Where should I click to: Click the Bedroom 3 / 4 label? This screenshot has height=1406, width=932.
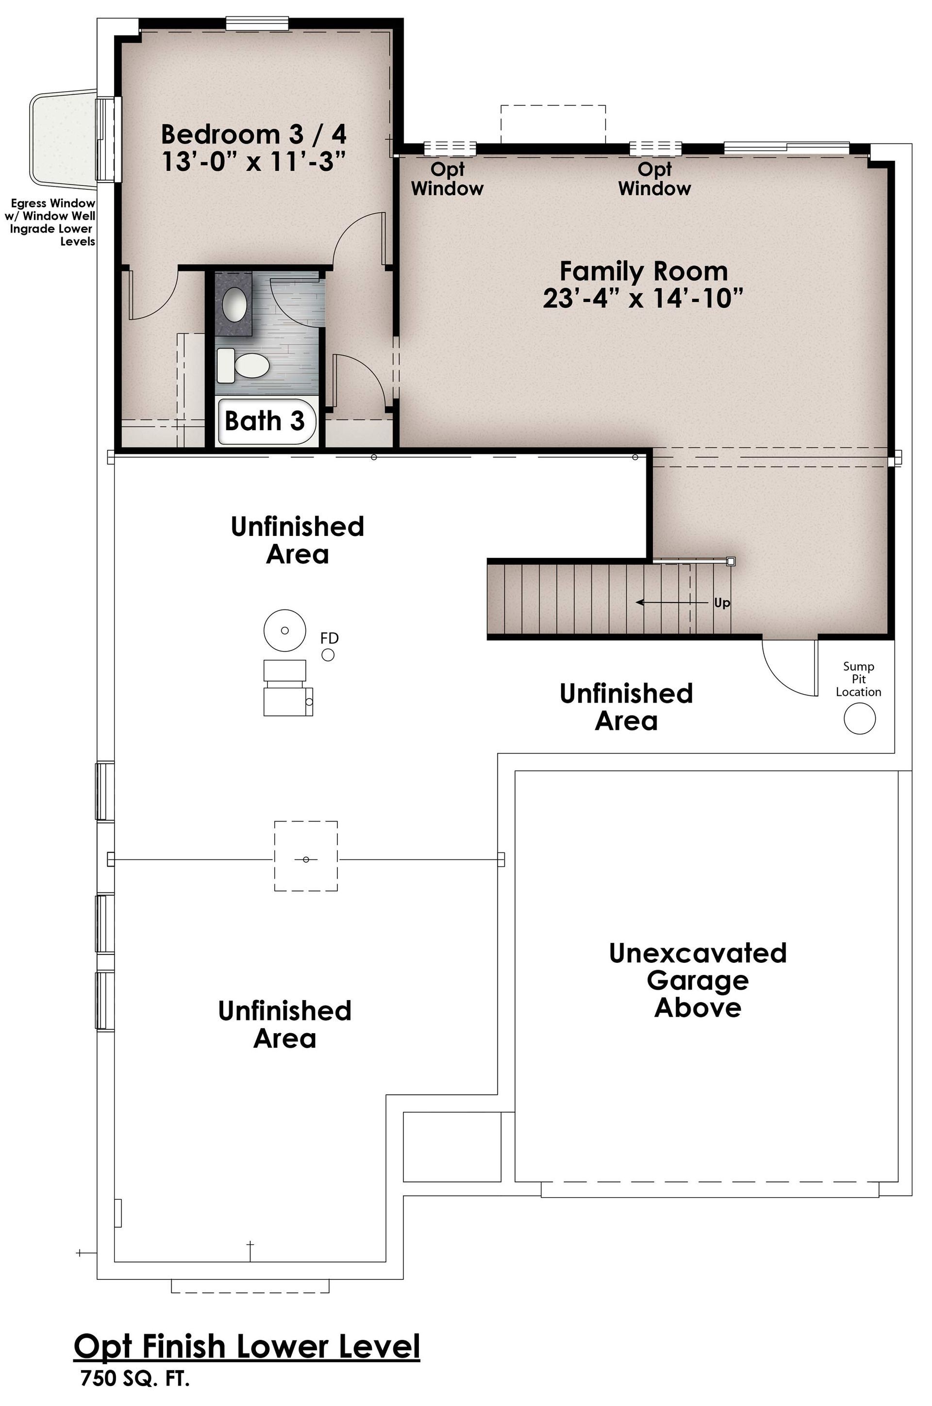254,134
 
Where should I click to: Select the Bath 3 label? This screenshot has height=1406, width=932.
265,421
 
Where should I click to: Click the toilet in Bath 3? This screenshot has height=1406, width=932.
243,366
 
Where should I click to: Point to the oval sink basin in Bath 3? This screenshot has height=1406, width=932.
235,304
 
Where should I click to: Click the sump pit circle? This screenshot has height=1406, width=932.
860,718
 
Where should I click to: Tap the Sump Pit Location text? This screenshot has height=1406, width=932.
858,679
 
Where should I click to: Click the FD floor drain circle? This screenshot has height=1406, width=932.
328,654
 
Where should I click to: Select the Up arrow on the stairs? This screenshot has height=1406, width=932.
675,602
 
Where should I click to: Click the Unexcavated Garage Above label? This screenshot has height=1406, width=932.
698,980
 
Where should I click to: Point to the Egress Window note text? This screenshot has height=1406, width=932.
50,222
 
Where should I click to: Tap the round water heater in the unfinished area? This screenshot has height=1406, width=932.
285,630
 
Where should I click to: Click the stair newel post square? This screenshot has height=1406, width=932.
731,561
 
